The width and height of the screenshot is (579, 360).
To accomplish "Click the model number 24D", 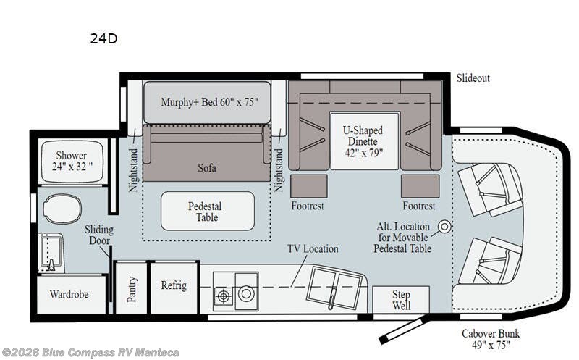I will tap(103, 39).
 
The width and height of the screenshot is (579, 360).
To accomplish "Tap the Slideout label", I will tap(473, 78).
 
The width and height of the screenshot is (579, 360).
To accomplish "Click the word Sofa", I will tap(207, 168).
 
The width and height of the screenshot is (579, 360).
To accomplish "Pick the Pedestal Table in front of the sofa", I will tap(207, 211).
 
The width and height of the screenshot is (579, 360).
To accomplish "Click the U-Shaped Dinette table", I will tap(363, 141).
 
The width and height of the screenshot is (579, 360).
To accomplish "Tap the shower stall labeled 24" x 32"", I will tap(71, 161).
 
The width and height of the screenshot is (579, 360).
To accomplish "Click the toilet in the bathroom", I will tap(62, 209).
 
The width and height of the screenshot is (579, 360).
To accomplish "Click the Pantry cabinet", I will tap(131, 288).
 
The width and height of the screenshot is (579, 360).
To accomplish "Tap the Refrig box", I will tap(174, 286).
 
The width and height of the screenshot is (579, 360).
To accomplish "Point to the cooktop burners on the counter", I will tap(235, 293).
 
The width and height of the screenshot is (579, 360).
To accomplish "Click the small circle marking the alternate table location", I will tap(444, 227).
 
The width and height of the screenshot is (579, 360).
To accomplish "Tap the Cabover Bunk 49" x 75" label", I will tap(491, 339).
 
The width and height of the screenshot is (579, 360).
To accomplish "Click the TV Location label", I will tap(313, 248).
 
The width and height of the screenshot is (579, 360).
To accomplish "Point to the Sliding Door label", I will tap(98, 235).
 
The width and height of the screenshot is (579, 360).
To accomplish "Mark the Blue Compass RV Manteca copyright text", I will tap(90, 353).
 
